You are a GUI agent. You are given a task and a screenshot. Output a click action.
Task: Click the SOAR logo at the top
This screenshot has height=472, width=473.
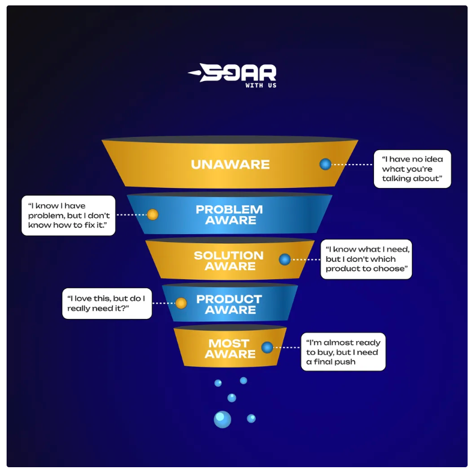tap(232, 76)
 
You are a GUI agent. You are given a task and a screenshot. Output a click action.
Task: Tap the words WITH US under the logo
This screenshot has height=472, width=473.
tap(261, 85)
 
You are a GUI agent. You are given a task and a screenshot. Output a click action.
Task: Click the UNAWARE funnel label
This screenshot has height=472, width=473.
tap(230, 165)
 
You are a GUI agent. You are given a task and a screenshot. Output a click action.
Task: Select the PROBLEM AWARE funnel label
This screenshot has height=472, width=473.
tap(229, 215)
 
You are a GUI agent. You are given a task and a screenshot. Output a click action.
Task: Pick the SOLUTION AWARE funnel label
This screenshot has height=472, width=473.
tap(229, 261)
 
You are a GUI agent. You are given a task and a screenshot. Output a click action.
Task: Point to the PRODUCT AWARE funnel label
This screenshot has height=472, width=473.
tap(229, 304)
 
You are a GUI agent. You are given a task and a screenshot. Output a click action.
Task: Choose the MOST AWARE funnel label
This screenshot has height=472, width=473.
tap(230, 348)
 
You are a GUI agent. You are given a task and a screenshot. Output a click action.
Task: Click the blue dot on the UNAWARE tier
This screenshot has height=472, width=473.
tap(325, 164)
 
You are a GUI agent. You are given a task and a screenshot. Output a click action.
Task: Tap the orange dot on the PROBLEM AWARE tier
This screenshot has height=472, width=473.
tap(152, 214)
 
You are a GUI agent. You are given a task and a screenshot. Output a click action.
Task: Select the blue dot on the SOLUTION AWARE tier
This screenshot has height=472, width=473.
tap(285, 259)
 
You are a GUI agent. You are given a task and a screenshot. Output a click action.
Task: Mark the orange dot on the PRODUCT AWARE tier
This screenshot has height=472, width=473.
tap(181, 303)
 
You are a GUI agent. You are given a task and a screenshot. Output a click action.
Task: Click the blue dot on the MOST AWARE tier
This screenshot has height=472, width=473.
tap(267, 347)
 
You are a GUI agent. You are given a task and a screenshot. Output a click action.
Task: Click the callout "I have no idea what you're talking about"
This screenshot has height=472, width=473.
tap(412, 169)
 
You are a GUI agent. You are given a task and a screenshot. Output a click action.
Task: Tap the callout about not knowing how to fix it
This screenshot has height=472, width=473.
tap(68, 216)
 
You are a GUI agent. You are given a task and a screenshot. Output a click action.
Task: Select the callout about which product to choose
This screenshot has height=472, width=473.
tap(366, 259)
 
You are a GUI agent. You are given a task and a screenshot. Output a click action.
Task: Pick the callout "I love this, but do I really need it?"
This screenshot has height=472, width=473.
tap(107, 303)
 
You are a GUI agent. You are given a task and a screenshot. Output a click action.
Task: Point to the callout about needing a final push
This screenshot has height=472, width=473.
tap(343, 352)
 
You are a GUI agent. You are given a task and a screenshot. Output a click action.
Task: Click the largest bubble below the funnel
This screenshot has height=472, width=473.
tap(222, 419)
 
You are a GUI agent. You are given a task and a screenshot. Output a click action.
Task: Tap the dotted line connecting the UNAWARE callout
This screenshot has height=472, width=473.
tap(352, 165)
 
